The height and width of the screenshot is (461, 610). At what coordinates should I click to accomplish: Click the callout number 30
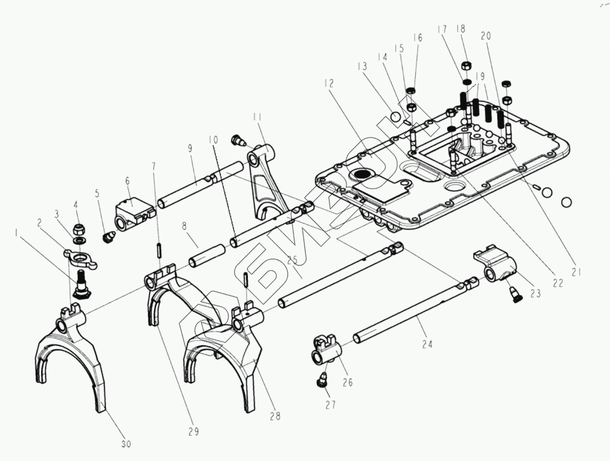point(126,444)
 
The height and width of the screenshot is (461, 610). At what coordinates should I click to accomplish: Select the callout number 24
point(427,344)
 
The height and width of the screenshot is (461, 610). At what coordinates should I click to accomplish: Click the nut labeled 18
point(466,66)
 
